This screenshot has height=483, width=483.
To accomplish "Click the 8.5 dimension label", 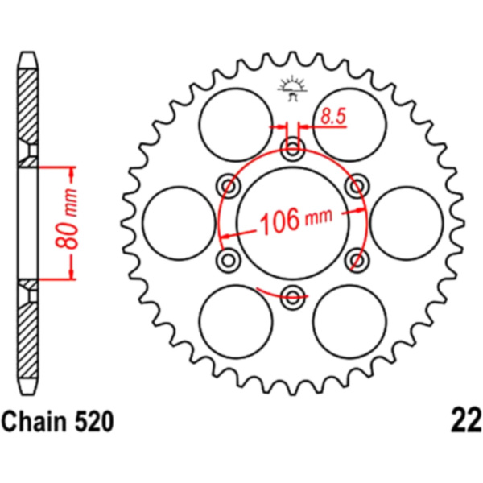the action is [333, 116].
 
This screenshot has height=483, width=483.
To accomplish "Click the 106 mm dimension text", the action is [296, 220].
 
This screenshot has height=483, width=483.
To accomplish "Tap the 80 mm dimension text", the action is [67, 219].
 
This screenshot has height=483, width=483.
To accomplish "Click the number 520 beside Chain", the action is [93, 422].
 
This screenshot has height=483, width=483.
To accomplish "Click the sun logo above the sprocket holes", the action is [292, 89].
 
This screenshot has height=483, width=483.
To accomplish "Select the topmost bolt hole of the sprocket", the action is [292, 150].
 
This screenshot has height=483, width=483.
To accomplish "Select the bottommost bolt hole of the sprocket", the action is [292, 297].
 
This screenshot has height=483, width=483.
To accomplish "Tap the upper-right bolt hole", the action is [357, 186].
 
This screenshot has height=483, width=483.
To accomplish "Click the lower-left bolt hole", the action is [229, 260].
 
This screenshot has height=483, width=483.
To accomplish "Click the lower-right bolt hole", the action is [357, 260].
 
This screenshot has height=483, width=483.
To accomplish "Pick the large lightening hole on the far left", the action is [180, 223].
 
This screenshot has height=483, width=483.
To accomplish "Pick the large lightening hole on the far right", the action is [407, 223].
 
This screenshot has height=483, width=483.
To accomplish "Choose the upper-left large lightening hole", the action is [236, 125].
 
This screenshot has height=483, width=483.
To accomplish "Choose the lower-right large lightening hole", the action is [349, 321].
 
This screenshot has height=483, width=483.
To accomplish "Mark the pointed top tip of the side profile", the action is [27, 52].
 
